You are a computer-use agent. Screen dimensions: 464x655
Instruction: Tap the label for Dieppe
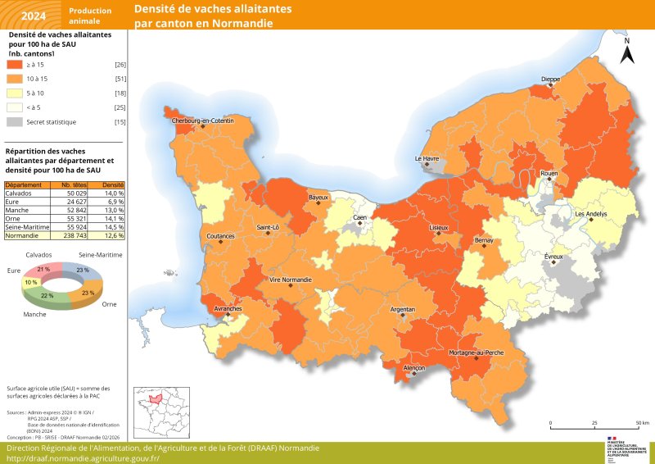pyautogui.click(x=550, y=80)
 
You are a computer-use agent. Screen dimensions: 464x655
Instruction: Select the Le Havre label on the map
pyautogui.click(x=427, y=158)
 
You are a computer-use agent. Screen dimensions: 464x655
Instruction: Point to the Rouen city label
pyautogui.click(x=549, y=174)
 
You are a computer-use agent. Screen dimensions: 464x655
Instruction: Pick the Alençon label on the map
pyautogui.click(x=414, y=369)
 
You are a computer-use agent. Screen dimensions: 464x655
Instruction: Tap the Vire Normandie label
pyautogui.click(x=290, y=280)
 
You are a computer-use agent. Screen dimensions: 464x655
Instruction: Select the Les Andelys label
pyautogui.click(x=590, y=214)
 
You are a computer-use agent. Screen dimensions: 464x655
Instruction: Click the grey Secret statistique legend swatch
pyautogui.click(x=14, y=122)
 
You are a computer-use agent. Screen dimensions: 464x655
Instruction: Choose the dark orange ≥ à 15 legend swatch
pyautogui.click(x=14, y=64)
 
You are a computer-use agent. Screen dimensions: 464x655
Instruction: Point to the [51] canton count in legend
pyautogui.click(x=120, y=79)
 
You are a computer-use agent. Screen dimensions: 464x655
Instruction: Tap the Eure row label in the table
pyautogui.click(x=14, y=201)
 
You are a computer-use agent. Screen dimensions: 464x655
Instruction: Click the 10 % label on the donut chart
pyautogui.click(x=31, y=282)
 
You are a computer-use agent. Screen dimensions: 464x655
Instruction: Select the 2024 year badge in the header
pyautogui.click(x=34, y=15)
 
